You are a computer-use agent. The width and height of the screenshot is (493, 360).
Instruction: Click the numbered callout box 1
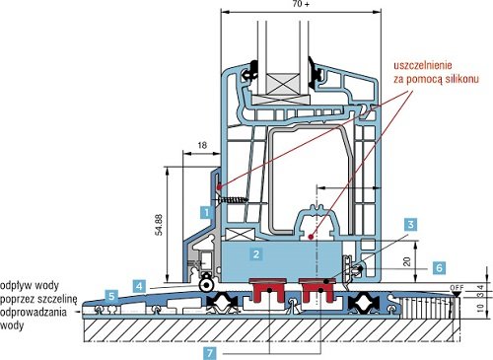click(206, 212)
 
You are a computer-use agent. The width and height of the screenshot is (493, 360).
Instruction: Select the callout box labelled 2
click(255, 253)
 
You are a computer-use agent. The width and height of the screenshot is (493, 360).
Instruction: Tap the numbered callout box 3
click(411, 225)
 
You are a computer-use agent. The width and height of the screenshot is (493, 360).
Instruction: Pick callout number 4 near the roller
click(139, 286)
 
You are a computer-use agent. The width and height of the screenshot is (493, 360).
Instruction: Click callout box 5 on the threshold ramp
click(111, 296)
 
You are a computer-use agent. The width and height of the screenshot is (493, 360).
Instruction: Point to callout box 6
click(440, 267)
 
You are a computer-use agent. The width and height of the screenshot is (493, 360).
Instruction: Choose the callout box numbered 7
click(210, 353)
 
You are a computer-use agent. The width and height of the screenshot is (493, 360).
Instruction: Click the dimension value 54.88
click(159, 225)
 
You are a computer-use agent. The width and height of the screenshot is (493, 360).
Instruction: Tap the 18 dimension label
click(202, 145)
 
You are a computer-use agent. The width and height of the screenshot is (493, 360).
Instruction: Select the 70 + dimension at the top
click(301, 4)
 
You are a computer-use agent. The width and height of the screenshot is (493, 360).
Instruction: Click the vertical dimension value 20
click(407, 261)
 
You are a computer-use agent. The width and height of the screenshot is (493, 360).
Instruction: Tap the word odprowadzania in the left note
click(34, 312)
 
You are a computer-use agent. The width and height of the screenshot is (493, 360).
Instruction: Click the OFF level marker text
click(457, 288)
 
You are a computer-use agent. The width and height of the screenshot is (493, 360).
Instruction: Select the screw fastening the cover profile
click(232, 199)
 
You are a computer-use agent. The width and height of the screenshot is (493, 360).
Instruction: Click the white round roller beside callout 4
click(207, 285)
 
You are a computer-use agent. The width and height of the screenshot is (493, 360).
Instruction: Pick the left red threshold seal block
click(268, 290)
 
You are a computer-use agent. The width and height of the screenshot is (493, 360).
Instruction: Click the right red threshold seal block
click(317, 290)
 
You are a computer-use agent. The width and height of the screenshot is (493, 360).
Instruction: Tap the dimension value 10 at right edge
click(480, 308)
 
